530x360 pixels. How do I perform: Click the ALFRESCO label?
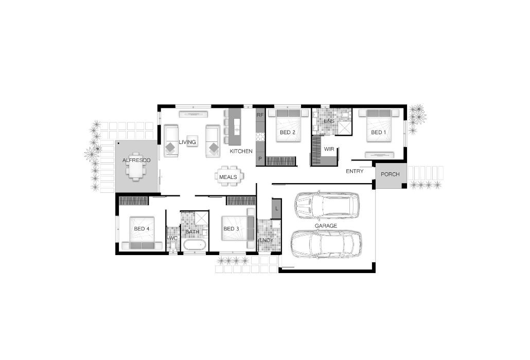pos(136,160)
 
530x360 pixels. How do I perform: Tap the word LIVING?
pos(187,142)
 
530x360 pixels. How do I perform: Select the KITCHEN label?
pos(241,151)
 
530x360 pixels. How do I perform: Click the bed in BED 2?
pos(288,125)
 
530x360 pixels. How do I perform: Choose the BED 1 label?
pos(379,132)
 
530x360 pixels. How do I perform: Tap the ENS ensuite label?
pos(329,121)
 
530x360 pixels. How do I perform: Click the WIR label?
pos(329,149)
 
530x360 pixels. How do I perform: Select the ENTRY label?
pos(355,171)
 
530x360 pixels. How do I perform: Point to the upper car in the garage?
pos(328,206)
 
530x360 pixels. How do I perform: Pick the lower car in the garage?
pos(326,244)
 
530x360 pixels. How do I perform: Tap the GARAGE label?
pos(326,226)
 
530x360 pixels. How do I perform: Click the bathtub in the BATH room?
pos(194,245)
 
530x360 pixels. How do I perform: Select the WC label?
pos(173,238)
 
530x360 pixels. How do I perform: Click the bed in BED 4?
pos(142,233)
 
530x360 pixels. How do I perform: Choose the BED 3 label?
pos(231,229)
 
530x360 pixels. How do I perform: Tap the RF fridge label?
pos(260,115)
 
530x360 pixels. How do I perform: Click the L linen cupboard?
pos(276,208)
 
